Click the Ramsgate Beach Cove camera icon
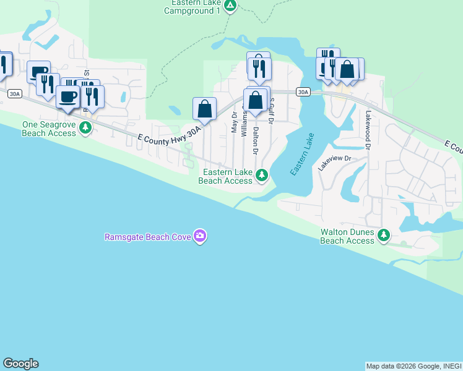pos(199,236)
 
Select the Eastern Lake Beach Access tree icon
pos(262,176)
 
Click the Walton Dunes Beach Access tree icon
pos(384,235)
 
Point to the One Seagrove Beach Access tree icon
pos(86,127)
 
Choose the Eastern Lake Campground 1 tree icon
pos(230,6)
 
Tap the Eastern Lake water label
pos(303,153)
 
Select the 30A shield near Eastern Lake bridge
pos(302,92)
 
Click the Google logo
pos(20,364)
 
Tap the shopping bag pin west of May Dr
pos(205,109)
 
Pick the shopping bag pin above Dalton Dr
pos(256,99)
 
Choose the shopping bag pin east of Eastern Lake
pos(348,69)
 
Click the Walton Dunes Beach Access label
pos(347,237)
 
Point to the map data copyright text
pos(413,366)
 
